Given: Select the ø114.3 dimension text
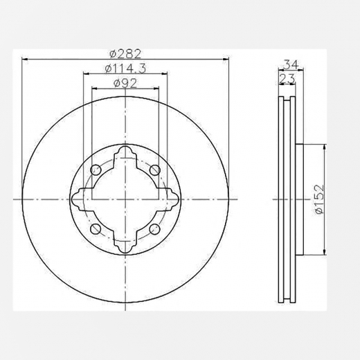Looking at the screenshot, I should (x=121, y=68).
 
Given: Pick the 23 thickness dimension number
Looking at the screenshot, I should (x=286, y=80).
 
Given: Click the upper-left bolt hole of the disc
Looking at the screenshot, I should (x=96, y=170).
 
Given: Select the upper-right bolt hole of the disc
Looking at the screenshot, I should (x=153, y=170).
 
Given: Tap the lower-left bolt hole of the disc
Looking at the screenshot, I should (x=96, y=228).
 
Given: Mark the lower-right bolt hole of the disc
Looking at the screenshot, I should (x=153, y=228).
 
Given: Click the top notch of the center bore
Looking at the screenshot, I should (x=125, y=154).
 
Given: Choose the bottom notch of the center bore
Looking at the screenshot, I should (x=125, y=244).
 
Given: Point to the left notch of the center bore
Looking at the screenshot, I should (x=78, y=199).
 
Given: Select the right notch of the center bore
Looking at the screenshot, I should (x=170, y=199).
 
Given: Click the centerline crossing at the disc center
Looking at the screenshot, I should (x=125, y=199).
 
